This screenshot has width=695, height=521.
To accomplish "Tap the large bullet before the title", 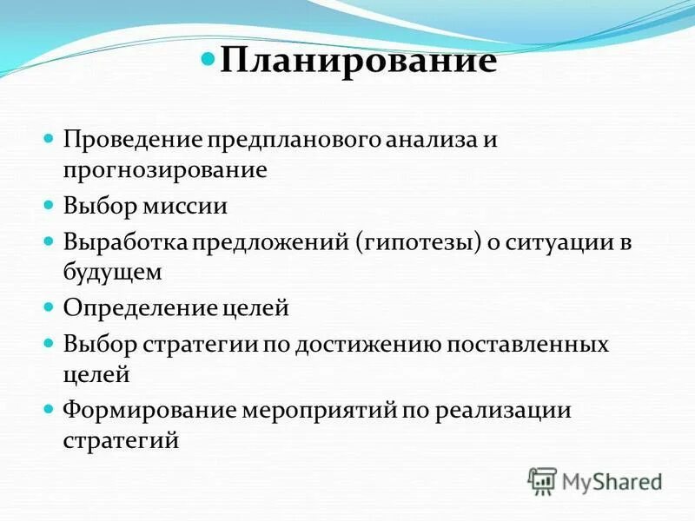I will tap(208, 61).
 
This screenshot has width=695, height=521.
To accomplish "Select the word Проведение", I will tap(131, 140).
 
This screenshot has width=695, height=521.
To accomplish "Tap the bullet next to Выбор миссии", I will tap(50, 206).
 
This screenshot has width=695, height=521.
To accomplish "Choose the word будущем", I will tap(112, 272).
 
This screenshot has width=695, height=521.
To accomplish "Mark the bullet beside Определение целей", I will tap(50, 307).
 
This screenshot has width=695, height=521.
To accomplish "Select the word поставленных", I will tap(527, 345).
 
